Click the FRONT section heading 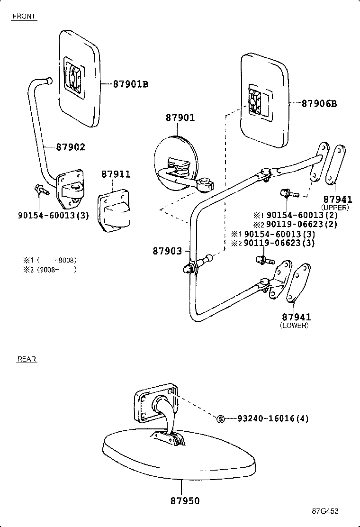[24, 16]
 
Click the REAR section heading [27, 359]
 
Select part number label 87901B [131, 84]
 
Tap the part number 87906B [319, 103]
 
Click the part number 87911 [116, 174]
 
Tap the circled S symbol [220, 419]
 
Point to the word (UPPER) [335, 208]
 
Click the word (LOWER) [294, 326]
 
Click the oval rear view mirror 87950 [180, 455]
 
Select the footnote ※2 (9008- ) [50, 269]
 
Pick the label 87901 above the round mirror [180, 118]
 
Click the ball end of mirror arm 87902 [49, 81]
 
